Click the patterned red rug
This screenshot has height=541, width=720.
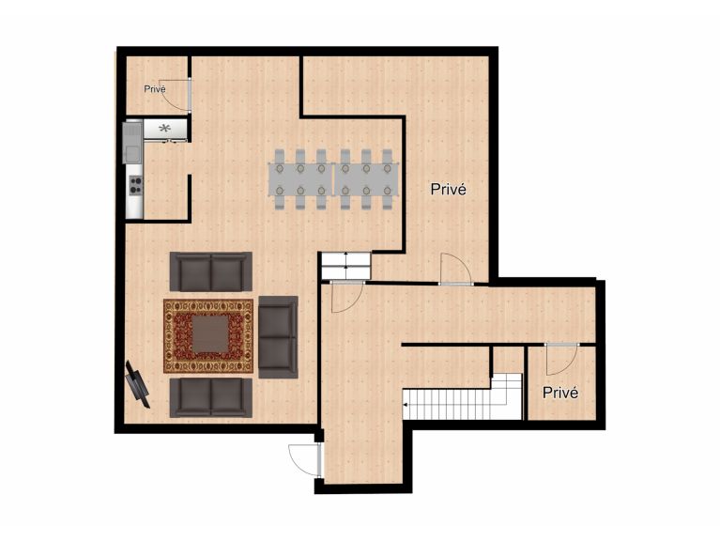(x=208, y=336)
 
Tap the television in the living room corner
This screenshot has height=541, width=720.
(x=137, y=385)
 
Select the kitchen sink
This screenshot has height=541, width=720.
(x=132, y=142)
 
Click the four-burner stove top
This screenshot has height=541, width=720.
(x=135, y=186)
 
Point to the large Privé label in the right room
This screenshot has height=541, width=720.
(x=448, y=189)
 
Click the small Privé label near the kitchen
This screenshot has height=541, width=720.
(x=155, y=89)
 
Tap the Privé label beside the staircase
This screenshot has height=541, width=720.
(x=560, y=393)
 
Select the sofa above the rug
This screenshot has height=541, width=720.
(x=211, y=271)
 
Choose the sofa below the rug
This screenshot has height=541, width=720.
(x=211, y=397)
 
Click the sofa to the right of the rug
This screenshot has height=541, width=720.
(x=278, y=337)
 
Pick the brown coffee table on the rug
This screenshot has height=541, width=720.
(x=210, y=333)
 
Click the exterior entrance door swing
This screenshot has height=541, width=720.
(x=303, y=459)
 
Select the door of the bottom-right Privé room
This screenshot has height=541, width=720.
(x=561, y=360)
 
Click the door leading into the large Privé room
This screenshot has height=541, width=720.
(x=456, y=269)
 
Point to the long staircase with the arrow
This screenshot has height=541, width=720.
(x=462, y=397)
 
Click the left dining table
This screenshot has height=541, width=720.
(x=300, y=179)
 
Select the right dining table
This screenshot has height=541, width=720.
(x=366, y=179)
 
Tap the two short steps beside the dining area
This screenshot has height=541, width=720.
(x=345, y=266)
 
